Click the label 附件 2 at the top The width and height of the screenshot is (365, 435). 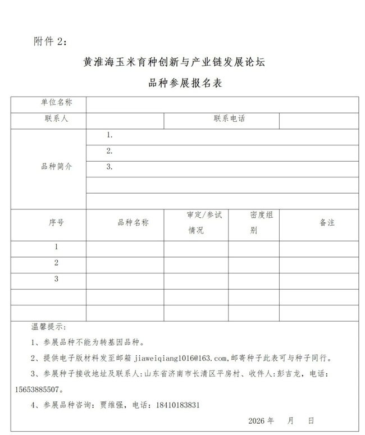click(50, 43)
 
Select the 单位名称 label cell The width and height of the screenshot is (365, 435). click(56, 103)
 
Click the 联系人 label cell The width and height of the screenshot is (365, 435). click(56, 119)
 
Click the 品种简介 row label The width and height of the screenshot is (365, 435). click(56, 167)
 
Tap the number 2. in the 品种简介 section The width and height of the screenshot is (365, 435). click(109, 151)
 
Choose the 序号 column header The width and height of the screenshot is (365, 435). click(56, 223)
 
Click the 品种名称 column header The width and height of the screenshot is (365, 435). click(133, 223)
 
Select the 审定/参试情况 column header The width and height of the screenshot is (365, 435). click(204, 223)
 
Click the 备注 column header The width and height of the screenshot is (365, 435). click(327, 223)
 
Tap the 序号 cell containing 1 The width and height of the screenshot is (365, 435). click(56, 247)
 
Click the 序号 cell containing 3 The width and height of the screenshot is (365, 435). click(56, 279)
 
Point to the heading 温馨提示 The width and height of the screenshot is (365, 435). click(48, 327)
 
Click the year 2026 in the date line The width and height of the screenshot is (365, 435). click(255, 420)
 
